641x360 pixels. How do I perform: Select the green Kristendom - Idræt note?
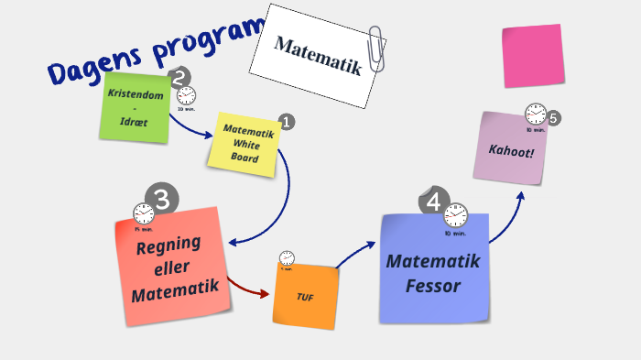coord(136,108)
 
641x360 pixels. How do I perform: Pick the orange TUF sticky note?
coord(305,295)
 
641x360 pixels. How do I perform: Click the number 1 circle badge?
coord(286,122)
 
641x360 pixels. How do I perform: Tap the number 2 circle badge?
coord(179,78)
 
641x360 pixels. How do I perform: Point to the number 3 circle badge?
coord(163,199)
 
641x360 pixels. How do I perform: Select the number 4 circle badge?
coord(433,202)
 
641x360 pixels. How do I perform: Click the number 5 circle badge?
coord(553,118)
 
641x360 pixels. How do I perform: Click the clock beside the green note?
coord(186,95)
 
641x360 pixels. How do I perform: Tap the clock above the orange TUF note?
coord(287,258)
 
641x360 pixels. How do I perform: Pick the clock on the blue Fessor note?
coord(455,216)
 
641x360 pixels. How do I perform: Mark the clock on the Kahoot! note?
coord(536,115)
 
